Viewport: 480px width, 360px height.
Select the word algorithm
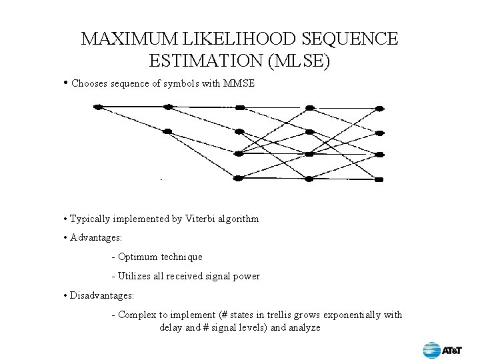point(238,219)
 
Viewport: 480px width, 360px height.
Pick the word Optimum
point(139,257)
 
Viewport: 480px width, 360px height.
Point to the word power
point(247,276)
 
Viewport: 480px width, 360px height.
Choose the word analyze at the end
point(305,327)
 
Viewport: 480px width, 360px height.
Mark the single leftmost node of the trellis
point(98,107)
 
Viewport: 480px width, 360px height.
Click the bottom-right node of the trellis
point(379,179)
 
